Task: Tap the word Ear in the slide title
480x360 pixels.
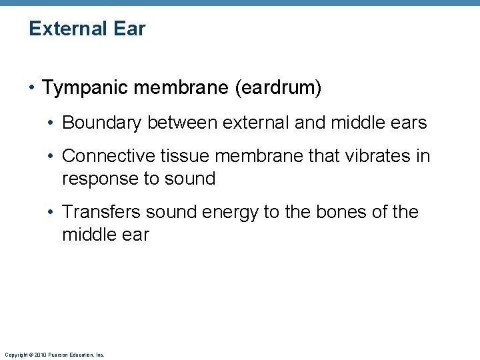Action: [131, 29]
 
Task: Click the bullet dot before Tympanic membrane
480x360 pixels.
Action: [33, 88]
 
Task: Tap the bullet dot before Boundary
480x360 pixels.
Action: [52, 123]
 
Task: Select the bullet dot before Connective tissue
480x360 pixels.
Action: [52, 157]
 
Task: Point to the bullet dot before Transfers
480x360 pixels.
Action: [52, 213]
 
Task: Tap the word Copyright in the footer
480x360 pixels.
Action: [13, 355]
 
